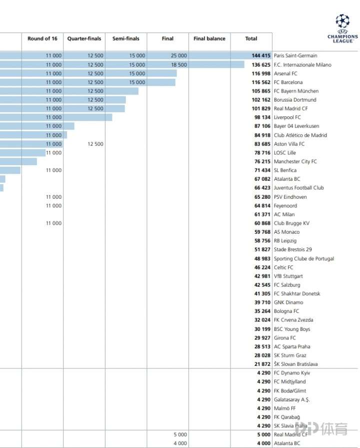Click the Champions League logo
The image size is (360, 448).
[342, 29]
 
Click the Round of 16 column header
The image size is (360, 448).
[42, 39]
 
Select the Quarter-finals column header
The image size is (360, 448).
[84, 39]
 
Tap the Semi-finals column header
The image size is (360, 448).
[126, 39]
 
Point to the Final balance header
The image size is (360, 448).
[209, 39]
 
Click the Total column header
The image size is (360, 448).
[251, 39]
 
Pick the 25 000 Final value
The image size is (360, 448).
[178, 56]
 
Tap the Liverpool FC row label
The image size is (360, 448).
[287, 118]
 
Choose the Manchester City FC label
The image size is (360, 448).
[295, 162]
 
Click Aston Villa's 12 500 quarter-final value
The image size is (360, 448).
[95, 144]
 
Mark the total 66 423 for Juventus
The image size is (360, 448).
[262, 188]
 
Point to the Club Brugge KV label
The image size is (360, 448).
[291, 223]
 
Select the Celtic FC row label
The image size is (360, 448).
[283, 268]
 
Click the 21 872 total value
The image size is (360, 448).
[262, 364]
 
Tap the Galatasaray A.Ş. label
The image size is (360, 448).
[292, 399]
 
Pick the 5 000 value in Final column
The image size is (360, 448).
[180, 434]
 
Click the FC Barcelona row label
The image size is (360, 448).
[288, 83]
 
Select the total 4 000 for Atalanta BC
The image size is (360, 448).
[263, 443]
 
